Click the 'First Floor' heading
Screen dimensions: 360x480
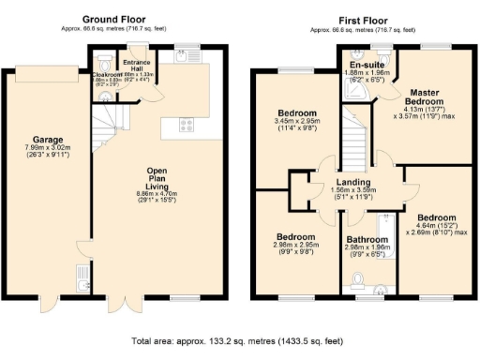(360, 19)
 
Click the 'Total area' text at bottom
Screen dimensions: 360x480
(239, 342)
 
